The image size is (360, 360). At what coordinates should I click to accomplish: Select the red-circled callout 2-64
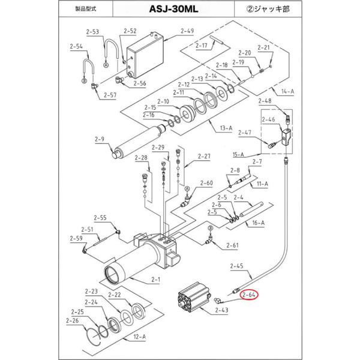pyautogui.click(x=248, y=295)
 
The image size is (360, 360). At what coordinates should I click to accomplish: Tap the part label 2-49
pyautogui.click(x=170, y=31)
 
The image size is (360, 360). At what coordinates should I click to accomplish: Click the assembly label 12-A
pyautogui.click(x=139, y=337)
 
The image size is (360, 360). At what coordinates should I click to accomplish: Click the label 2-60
pyautogui.click(x=206, y=184)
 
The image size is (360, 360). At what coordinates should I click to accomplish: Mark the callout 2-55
pyautogui.click(x=100, y=218)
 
